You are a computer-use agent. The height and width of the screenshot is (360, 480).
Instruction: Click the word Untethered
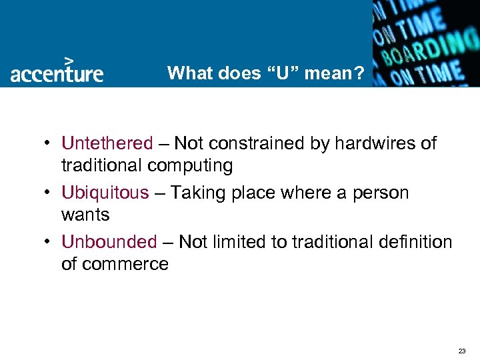(x=107, y=143)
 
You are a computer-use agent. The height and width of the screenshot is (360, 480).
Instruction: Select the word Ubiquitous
(x=105, y=193)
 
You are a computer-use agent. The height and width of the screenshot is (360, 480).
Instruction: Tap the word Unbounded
(x=109, y=242)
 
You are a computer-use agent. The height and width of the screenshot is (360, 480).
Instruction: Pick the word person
(x=381, y=193)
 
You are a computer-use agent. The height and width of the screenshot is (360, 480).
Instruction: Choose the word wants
(x=85, y=215)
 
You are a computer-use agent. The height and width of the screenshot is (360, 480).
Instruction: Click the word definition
(x=413, y=242)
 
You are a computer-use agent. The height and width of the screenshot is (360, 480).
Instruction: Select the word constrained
(x=257, y=143)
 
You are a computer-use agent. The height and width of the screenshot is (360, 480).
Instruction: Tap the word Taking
(x=196, y=193)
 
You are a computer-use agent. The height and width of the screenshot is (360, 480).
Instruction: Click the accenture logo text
(x=57, y=73)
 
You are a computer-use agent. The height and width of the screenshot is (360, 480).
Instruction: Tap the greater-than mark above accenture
(x=68, y=59)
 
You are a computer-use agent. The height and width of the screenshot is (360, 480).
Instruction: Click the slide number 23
(x=462, y=350)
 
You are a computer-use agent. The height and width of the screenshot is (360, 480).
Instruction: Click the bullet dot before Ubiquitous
(x=50, y=193)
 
